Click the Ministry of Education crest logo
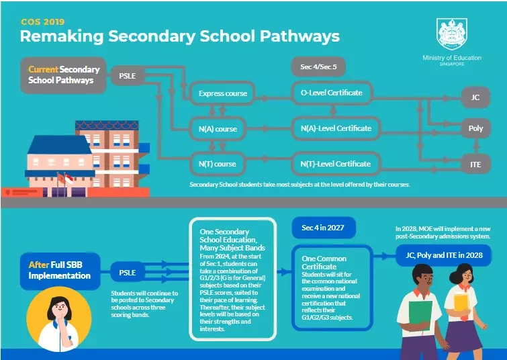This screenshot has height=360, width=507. pos(452,34)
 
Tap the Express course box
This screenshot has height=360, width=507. pos(222,93)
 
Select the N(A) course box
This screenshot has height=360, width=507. pos(218,129)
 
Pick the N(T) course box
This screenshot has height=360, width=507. pos(218,164)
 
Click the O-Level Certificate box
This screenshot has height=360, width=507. pos(332,93)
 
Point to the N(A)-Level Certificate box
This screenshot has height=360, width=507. pos(336,128)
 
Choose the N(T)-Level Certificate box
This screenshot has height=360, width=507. pos(336,164)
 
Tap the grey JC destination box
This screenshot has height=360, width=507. pos(475,97)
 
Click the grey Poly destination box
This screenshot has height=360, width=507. pos(475,128)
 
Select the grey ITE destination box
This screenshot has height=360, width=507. pos(475,165)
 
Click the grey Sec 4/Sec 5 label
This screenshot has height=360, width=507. pos(318,67)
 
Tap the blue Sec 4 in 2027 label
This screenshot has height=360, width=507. pos(324,228)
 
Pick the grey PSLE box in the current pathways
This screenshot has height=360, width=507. pos(127,76)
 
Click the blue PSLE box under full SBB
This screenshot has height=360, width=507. pos(127,273)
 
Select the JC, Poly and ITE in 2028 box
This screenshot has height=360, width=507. pos(444,255)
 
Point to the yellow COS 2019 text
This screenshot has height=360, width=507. pos(43,21)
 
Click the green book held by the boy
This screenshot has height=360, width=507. pos(420,316)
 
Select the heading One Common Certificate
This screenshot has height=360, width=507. pos(324,263)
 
